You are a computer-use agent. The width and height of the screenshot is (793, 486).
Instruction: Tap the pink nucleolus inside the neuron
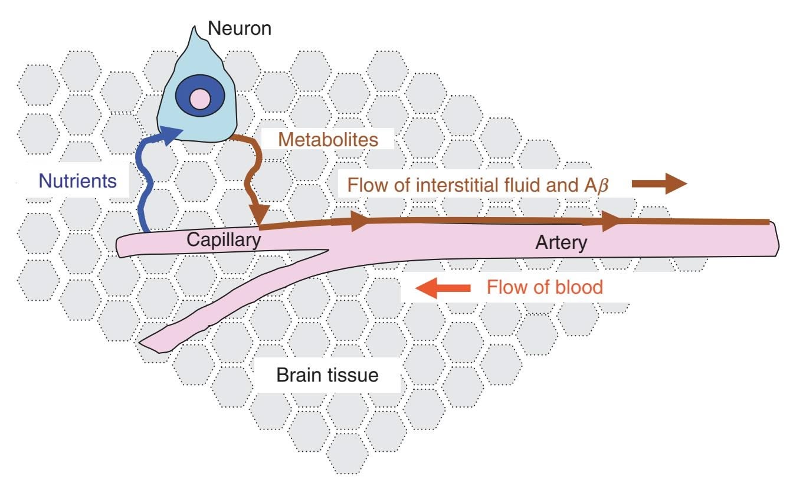(200, 97)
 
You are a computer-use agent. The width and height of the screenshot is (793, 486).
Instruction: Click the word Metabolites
(327, 140)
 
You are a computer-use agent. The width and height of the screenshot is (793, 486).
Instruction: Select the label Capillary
(223, 241)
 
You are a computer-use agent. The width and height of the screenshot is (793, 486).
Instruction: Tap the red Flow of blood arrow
(443, 288)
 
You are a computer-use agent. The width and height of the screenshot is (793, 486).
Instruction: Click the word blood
(579, 287)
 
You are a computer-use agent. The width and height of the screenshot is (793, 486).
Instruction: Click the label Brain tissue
(327, 375)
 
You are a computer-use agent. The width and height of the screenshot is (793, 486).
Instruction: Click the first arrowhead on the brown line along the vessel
(358, 222)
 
